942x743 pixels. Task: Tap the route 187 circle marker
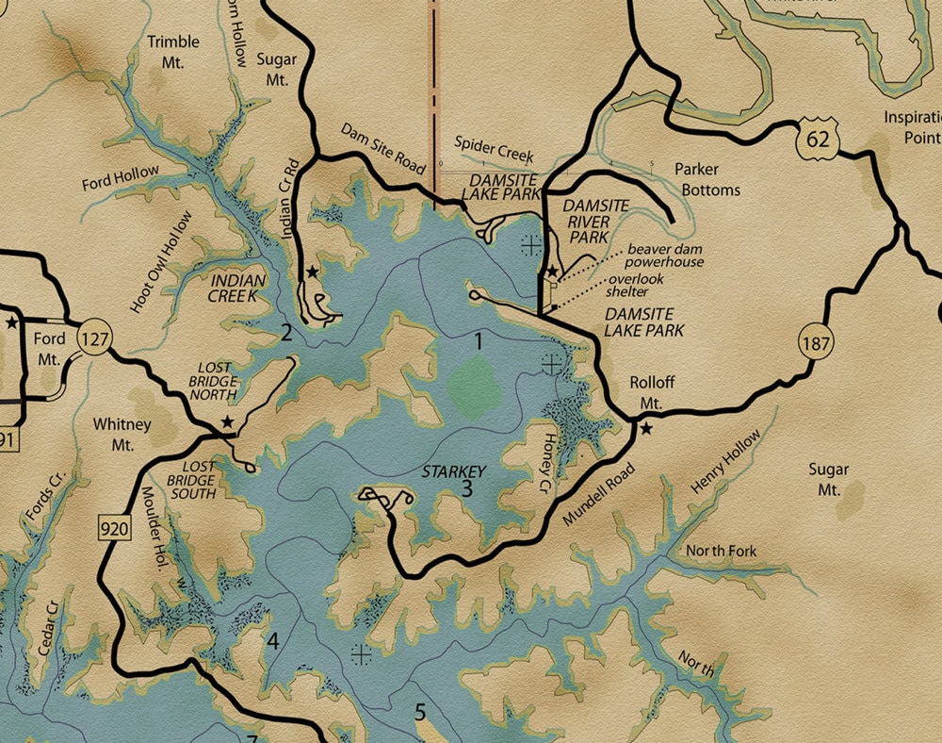pyautogui.click(x=817, y=343)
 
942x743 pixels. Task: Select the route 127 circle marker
pyautogui.click(x=94, y=338)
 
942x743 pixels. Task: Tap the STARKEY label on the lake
pyautogui.click(x=454, y=471)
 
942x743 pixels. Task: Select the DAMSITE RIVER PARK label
pyautogui.click(x=585, y=221)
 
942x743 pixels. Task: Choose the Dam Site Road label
pyautogui.click(x=383, y=146)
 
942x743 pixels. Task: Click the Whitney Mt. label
pyautogui.click(x=122, y=434)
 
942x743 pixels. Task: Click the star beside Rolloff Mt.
pyautogui.click(x=646, y=429)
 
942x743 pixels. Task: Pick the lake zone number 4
pyautogui.click(x=273, y=642)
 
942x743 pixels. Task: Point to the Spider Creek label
pyautogui.click(x=494, y=147)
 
